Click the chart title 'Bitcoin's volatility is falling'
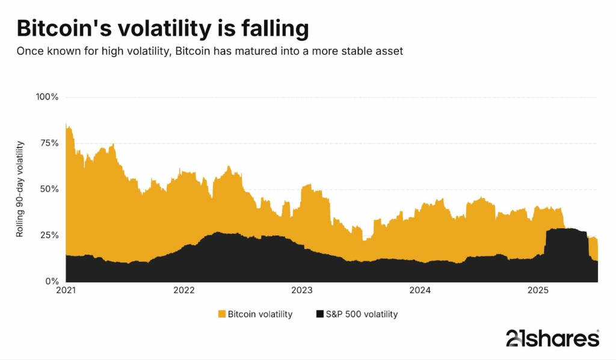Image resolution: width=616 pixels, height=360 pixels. (162, 29)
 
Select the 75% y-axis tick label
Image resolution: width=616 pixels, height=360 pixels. (47, 143)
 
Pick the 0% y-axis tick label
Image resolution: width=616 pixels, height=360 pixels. (50, 281)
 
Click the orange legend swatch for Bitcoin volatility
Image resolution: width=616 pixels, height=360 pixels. (221, 314)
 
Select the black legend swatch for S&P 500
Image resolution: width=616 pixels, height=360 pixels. (319, 314)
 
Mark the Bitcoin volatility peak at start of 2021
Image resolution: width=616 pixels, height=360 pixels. (67, 125)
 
